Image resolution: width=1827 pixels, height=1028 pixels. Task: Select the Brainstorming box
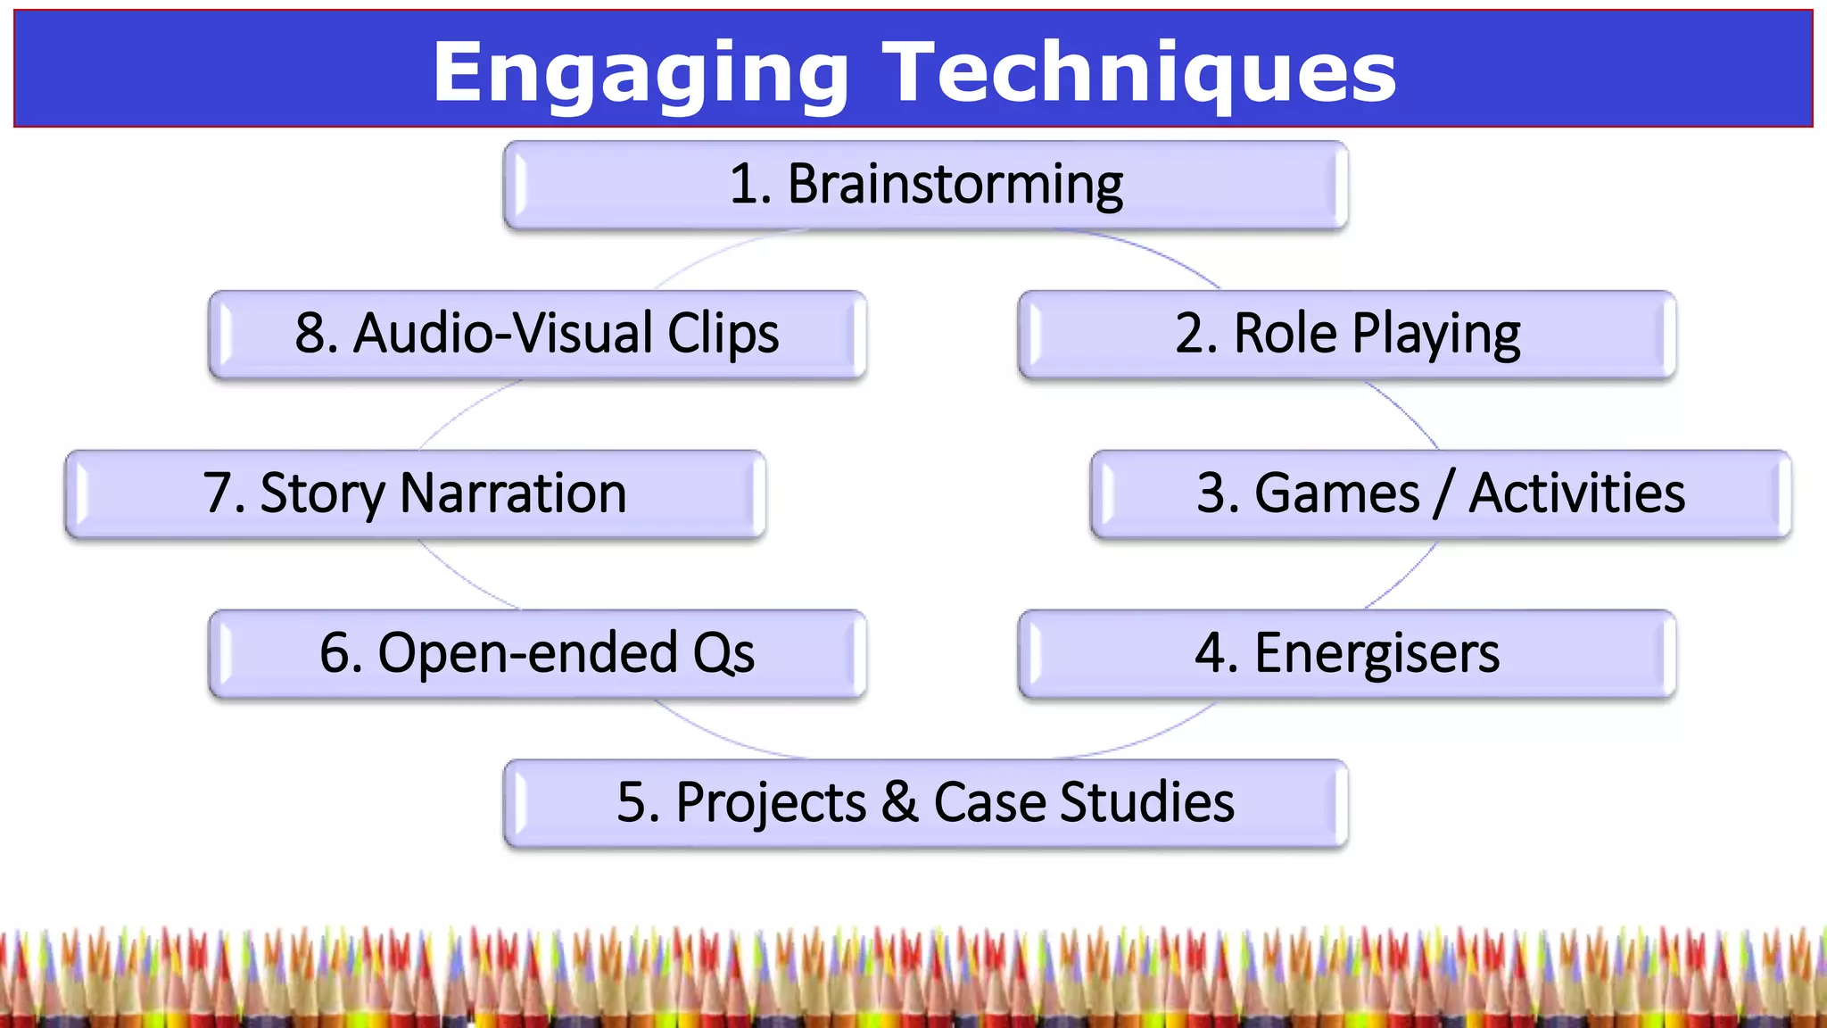click(x=925, y=185)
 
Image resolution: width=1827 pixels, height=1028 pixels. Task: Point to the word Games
click(x=1336, y=493)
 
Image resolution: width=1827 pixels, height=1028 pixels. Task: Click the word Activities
click(x=1576, y=493)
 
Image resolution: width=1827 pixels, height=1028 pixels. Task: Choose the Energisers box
click(x=1346, y=653)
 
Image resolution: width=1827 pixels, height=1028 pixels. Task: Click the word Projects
click(x=771, y=803)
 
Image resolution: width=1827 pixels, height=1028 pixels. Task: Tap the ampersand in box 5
click(x=899, y=801)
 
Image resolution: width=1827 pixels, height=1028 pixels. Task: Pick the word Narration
click(x=513, y=493)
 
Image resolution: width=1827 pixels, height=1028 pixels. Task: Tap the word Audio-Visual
click(x=503, y=334)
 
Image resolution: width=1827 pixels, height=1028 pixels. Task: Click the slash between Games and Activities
click(x=1443, y=493)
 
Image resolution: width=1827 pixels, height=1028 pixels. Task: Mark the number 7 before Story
click(x=217, y=493)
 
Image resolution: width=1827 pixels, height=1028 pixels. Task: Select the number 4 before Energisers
click(x=1211, y=653)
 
